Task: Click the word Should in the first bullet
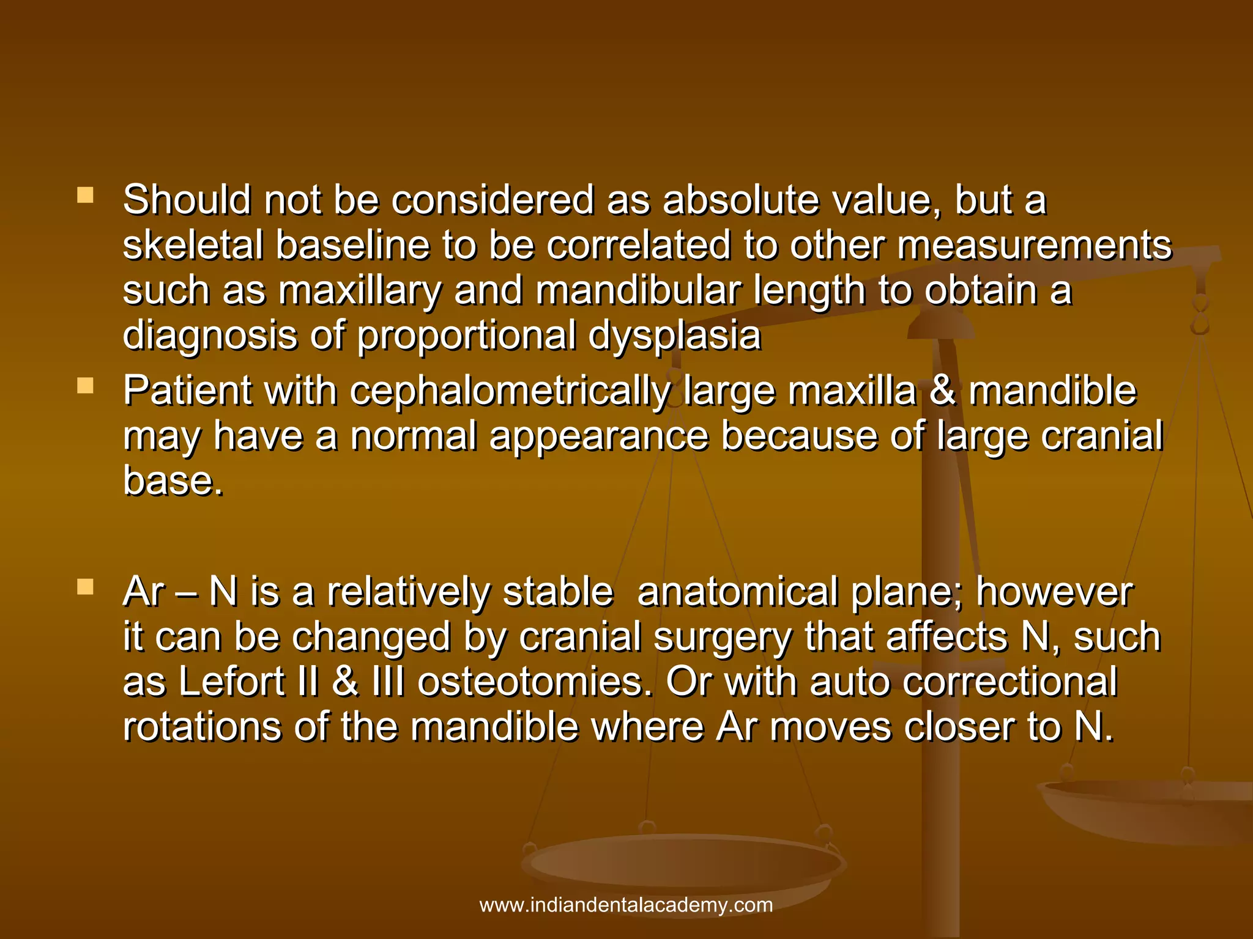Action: [x=187, y=201]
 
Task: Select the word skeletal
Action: [x=193, y=246]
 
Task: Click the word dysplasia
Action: [x=674, y=336]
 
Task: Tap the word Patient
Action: [x=187, y=391]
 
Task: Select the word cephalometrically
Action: [x=510, y=391]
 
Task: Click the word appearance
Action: [x=599, y=436]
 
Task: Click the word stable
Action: [x=557, y=593]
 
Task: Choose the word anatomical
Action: [x=738, y=593]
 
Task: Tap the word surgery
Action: [x=723, y=638]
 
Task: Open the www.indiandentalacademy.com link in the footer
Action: [x=626, y=905]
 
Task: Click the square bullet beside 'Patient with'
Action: [x=86, y=386]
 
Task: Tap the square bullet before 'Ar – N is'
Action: [x=86, y=587]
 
